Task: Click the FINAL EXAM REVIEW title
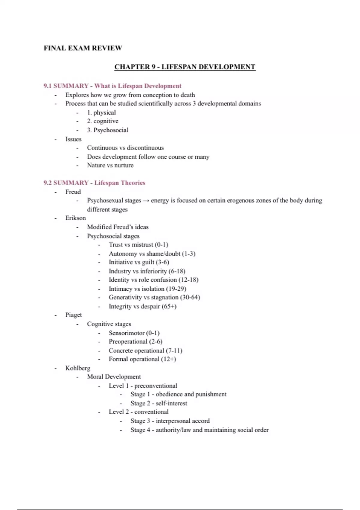(83, 48)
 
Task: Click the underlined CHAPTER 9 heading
(185, 67)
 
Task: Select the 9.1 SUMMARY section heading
(112, 86)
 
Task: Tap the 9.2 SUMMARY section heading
(94, 183)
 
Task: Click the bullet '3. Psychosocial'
(108, 130)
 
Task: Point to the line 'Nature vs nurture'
(110, 165)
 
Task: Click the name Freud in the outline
(73, 192)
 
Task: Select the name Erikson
(76, 218)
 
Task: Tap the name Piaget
(73, 315)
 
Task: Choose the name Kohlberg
(78, 368)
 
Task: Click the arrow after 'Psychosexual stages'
(146, 201)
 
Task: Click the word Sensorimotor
(127, 333)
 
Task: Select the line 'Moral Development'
(114, 377)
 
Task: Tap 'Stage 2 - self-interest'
(159, 403)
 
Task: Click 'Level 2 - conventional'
(139, 412)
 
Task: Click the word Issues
(73, 139)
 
